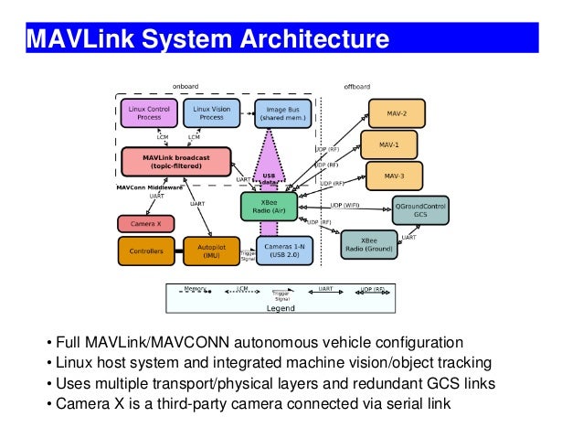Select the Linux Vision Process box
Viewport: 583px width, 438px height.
(210, 113)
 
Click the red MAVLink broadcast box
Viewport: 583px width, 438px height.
(175, 162)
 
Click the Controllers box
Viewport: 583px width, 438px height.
(146, 250)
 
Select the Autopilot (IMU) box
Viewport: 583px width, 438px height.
(211, 250)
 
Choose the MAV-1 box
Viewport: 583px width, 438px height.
(389, 144)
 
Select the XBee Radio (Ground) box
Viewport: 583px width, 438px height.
(370, 242)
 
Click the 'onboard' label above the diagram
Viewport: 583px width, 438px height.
(185, 87)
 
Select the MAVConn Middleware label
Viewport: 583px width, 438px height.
(147, 187)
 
